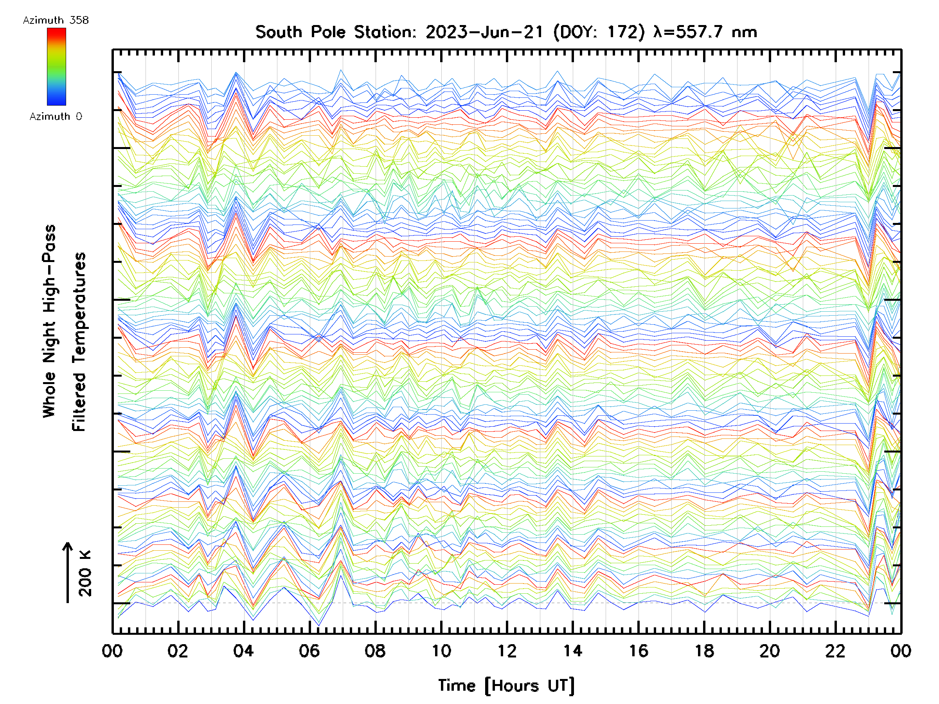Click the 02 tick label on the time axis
click(178, 650)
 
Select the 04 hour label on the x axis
click(243, 650)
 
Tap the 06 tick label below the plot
click(309, 650)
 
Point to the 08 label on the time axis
click(375, 650)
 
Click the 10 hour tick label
click(441, 650)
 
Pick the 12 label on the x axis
click(507, 650)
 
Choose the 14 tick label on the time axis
click(573, 650)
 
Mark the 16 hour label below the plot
click(639, 650)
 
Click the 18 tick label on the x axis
click(704, 650)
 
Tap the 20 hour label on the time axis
click(770, 650)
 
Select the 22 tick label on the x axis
click(836, 650)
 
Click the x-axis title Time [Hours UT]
click(506, 686)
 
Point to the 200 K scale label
click(85, 573)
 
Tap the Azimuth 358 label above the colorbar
click(56, 20)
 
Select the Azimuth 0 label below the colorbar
click(56, 117)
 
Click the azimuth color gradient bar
click(56, 66)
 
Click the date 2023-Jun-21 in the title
click(484, 32)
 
